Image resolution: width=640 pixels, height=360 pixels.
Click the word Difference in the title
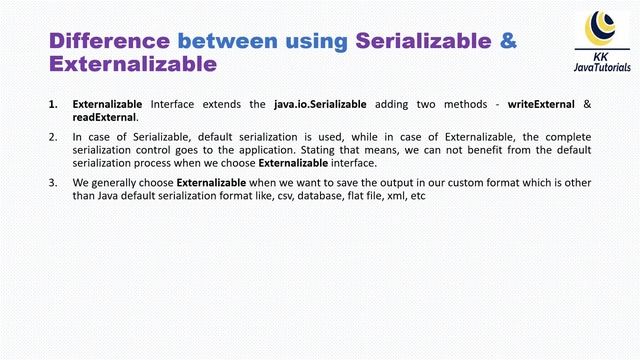tap(110, 41)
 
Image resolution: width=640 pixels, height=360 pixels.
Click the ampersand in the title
tap(508, 41)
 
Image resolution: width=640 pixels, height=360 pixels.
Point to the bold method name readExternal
tap(104, 117)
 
